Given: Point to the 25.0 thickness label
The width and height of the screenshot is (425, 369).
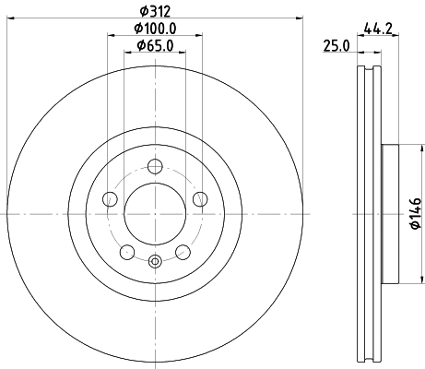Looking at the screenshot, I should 336,45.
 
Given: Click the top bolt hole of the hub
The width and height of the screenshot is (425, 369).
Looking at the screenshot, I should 155,166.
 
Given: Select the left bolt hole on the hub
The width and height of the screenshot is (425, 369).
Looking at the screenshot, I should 110,198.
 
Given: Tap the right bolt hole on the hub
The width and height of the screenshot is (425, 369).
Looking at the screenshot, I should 200,198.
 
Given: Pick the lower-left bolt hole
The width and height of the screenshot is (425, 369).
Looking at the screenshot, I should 127,251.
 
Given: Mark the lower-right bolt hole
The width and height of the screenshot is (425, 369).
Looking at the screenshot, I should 183,251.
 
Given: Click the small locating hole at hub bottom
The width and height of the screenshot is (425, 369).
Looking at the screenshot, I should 155,261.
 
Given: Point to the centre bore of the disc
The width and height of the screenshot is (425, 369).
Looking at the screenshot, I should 155,213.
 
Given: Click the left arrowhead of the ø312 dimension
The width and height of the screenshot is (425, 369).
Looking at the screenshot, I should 10,19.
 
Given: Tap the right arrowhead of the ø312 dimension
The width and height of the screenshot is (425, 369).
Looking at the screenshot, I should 300,19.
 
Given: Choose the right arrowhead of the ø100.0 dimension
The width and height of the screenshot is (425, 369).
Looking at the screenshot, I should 200,36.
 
